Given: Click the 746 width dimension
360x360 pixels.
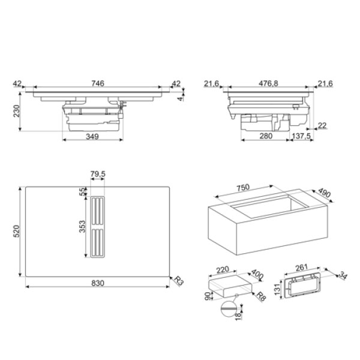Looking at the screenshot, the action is click(98, 83).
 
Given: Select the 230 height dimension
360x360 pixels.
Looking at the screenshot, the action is click(17, 111).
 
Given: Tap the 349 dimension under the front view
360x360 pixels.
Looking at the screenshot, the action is click(92, 137).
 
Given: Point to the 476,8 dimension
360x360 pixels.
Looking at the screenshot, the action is click(268, 83).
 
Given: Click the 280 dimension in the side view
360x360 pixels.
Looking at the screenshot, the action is click(266, 136).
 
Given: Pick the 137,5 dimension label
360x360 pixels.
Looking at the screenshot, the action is click(301, 136).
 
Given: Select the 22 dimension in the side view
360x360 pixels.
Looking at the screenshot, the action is click(322, 125).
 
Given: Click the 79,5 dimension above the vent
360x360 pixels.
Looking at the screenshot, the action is click(98, 174).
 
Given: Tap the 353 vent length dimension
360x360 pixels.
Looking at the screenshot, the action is click(82, 227).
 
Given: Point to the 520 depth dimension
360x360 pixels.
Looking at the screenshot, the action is click(17, 231).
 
